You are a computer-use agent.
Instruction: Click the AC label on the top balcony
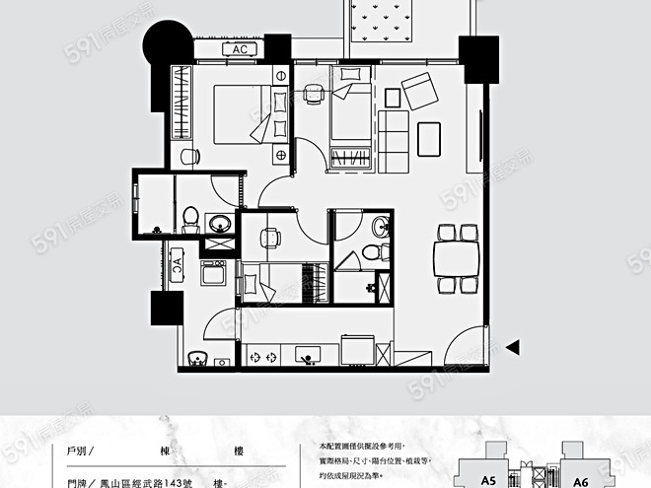(240, 49)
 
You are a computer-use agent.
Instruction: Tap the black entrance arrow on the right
(512, 346)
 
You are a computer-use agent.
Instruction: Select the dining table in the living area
(458, 259)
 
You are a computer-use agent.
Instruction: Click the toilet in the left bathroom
(189, 219)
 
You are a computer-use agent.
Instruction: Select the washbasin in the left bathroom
(221, 223)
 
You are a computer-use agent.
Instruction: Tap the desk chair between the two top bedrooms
(313, 92)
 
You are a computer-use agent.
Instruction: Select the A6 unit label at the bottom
(580, 481)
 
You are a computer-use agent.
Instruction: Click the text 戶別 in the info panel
(77, 452)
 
